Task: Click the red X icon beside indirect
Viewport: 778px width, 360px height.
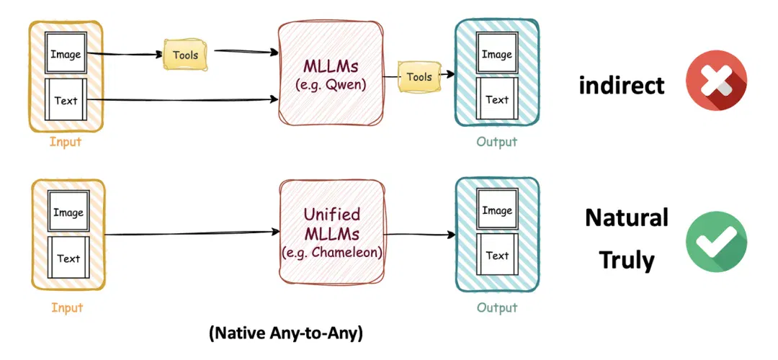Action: [x=716, y=81]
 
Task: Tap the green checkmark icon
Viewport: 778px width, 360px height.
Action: [x=716, y=241]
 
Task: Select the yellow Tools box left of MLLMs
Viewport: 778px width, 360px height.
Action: [x=186, y=54]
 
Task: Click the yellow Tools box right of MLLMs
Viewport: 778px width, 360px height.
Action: [x=419, y=77]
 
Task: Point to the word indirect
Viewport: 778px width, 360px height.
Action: [x=621, y=85]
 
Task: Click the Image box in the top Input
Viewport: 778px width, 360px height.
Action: [x=66, y=53]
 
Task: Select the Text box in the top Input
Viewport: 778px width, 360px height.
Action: [x=66, y=99]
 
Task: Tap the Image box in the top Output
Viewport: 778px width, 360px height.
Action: [x=496, y=53]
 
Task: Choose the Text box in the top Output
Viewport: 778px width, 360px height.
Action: [x=496, y=99]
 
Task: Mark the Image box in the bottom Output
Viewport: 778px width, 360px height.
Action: [x=497, y=210]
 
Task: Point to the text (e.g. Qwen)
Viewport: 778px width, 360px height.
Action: [x=331, y=85]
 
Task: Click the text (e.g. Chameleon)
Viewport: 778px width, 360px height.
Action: [x=331, y=252]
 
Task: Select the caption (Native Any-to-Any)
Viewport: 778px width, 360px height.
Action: [x=286, y=333]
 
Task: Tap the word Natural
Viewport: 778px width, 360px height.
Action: [x=627, y=217]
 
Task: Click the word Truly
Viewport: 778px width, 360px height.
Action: [x=627, y=259]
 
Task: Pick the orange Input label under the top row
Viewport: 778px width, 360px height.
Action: [x=65, y=142]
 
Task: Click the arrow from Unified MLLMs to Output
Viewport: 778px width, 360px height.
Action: [x=420, y=235]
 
